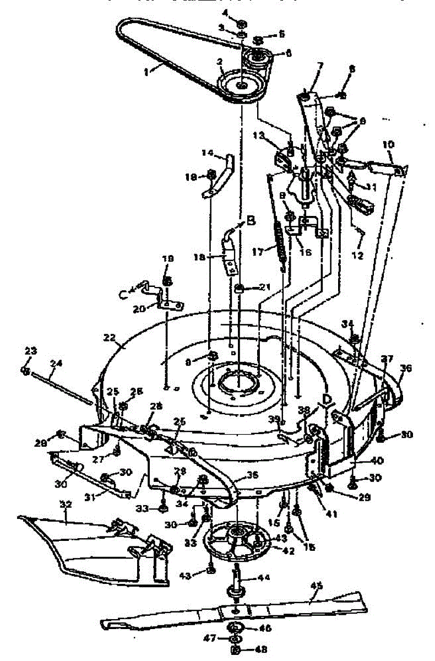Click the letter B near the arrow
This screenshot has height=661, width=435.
[251, 221]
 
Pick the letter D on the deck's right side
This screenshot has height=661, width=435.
[328, 398]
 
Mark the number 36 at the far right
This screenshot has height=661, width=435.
[406, 365]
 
